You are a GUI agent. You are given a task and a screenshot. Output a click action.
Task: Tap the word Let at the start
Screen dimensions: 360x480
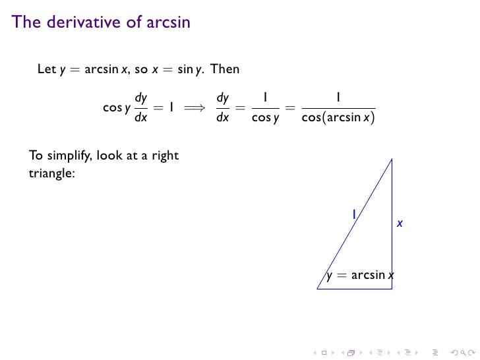click(47, 69)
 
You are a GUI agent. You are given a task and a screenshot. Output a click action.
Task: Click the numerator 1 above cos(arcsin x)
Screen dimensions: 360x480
click(337, 97)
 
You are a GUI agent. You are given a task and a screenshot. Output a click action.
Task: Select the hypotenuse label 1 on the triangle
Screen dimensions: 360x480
click(353, 214)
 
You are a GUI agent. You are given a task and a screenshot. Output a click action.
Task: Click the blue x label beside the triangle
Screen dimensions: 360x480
click(400, 224)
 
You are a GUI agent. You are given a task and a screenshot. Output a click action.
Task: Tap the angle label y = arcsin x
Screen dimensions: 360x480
click(360, 275)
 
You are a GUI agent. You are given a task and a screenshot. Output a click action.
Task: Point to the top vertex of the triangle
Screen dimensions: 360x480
click(392, 159)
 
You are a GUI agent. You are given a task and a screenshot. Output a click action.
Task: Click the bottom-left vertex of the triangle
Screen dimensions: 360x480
click(318, 288)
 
